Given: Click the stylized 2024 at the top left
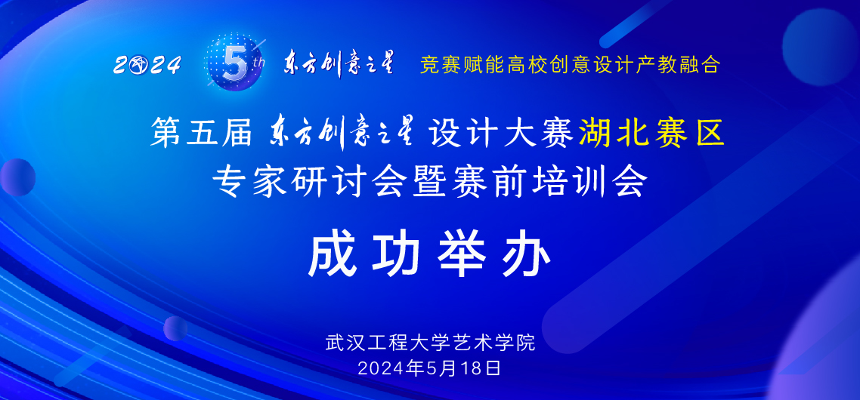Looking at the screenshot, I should [147, 66].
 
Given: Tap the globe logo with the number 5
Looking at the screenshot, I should [233, 63].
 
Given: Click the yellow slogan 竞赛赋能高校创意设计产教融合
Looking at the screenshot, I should [570, 65].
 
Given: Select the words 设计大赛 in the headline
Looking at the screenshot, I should [500, 134].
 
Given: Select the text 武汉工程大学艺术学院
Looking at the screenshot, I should [429, 342].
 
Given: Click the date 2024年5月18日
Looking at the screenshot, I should [429, 368].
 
